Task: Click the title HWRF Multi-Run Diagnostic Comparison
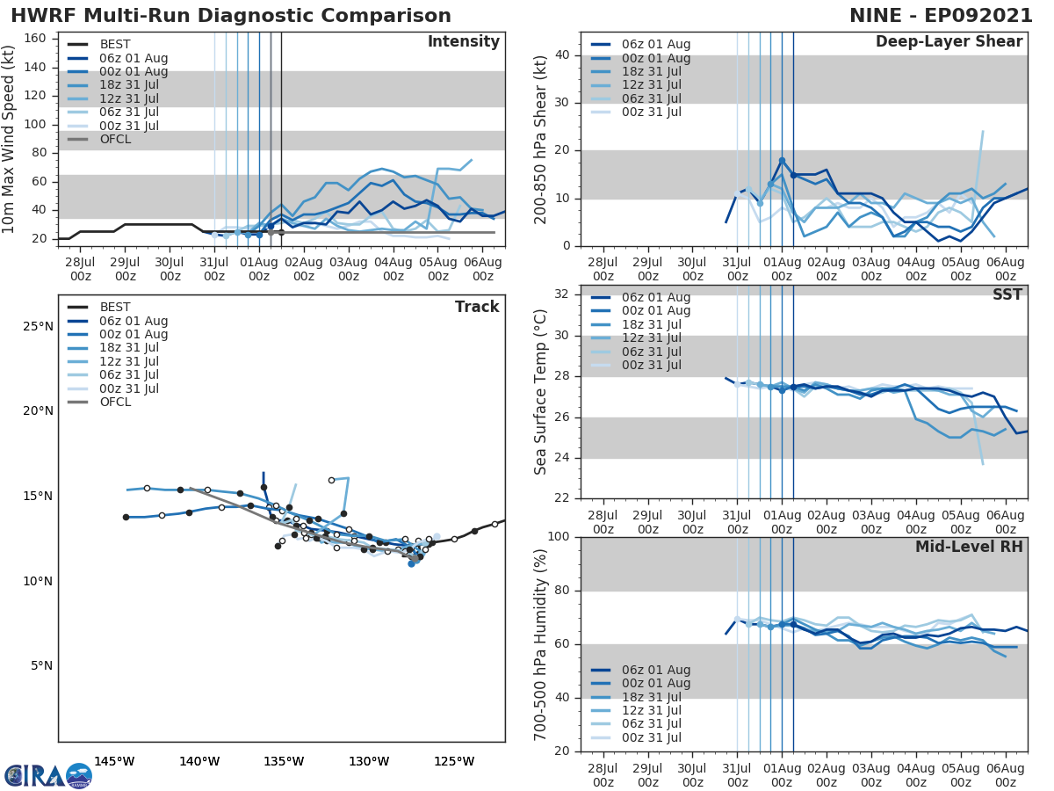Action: pyautogui.click(x=231, y=16)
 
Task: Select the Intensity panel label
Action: pyautogui.click(x=463, y=42)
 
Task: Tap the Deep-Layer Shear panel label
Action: pyautogui.click(x=949, y=42)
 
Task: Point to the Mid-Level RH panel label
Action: pyautogui.click(x=969, y=548)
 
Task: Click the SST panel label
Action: pyautogui.click(x=1008, y=294)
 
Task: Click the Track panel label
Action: pyautogui.click(x=477, y=307)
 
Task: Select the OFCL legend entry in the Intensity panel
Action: pyautogui.click(x=115, y=139)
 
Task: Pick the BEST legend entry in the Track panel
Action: pyautogui.click(x=115, y=307)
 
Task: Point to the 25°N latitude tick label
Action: pyautogui.click(x=37, y=327)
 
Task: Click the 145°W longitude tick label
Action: pyautogui.click(x=114, y=761)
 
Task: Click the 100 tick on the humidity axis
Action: pyautogui.click(x=558, y=537)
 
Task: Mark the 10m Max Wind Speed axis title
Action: pyautogui.click(x=10, y=137)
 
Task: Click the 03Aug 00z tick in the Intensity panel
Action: pyautogui.click(x=348, y=267)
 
